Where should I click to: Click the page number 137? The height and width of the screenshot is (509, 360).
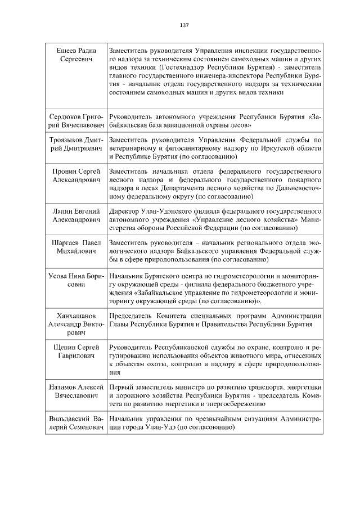pos(184,25)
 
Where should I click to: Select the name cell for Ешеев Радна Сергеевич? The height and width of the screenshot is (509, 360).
pos(75,55)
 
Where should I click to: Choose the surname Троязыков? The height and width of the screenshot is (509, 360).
pos(66,140)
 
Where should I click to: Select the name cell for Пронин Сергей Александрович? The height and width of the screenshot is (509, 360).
pos(75,175)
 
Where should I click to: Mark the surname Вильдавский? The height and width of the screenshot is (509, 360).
pos(70,419)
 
